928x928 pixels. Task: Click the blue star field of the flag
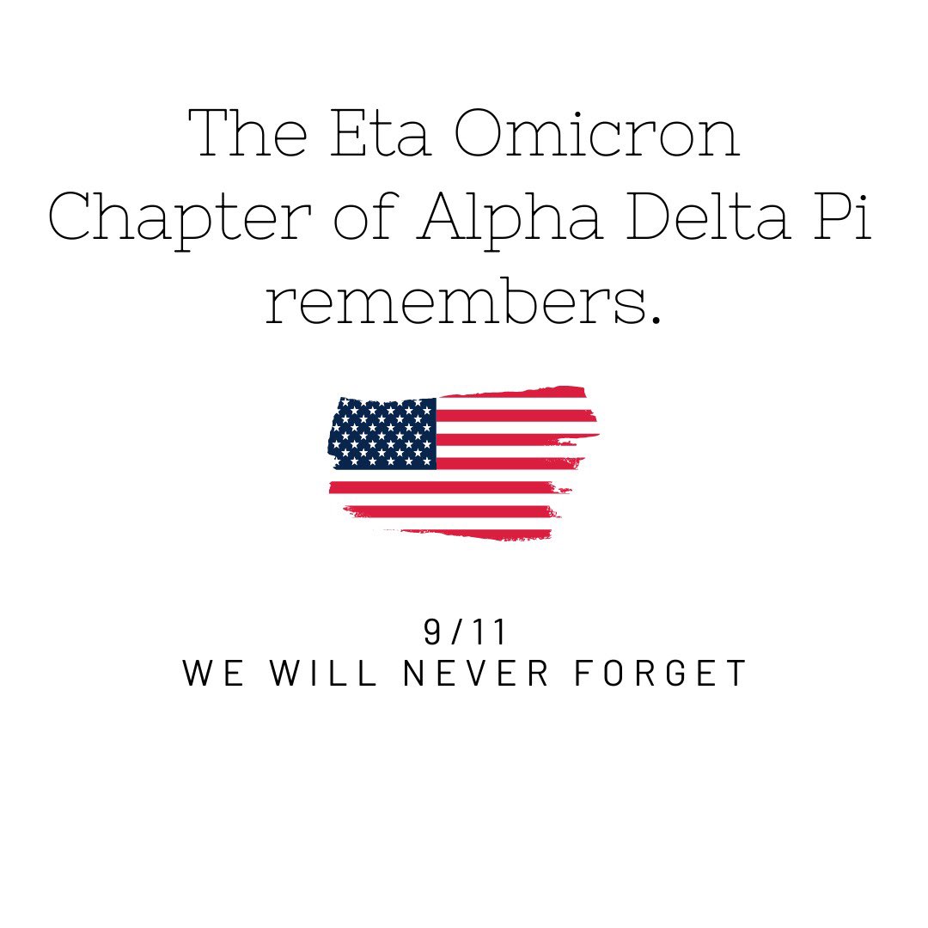click(383, 433)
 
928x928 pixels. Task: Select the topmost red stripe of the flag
click(516, 394)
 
